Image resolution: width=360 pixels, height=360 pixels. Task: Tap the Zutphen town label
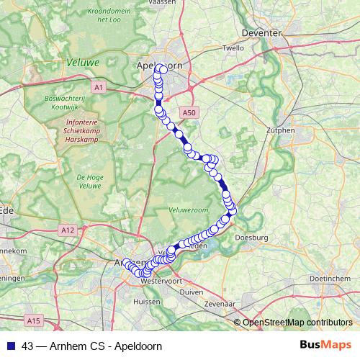click(280, 130)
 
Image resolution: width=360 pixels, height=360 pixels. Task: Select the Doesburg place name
click(252, 237)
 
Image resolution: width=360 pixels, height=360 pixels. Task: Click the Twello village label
click(234, 48)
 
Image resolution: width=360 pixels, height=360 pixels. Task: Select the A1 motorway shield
click(99, 87)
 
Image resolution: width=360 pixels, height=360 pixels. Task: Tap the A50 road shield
click(189, 112)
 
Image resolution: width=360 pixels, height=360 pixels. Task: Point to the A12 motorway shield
click(67, 230)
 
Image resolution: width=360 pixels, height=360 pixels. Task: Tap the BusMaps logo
click(325, 345)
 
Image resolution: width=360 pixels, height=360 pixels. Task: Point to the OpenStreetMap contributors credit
click(297, 322)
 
